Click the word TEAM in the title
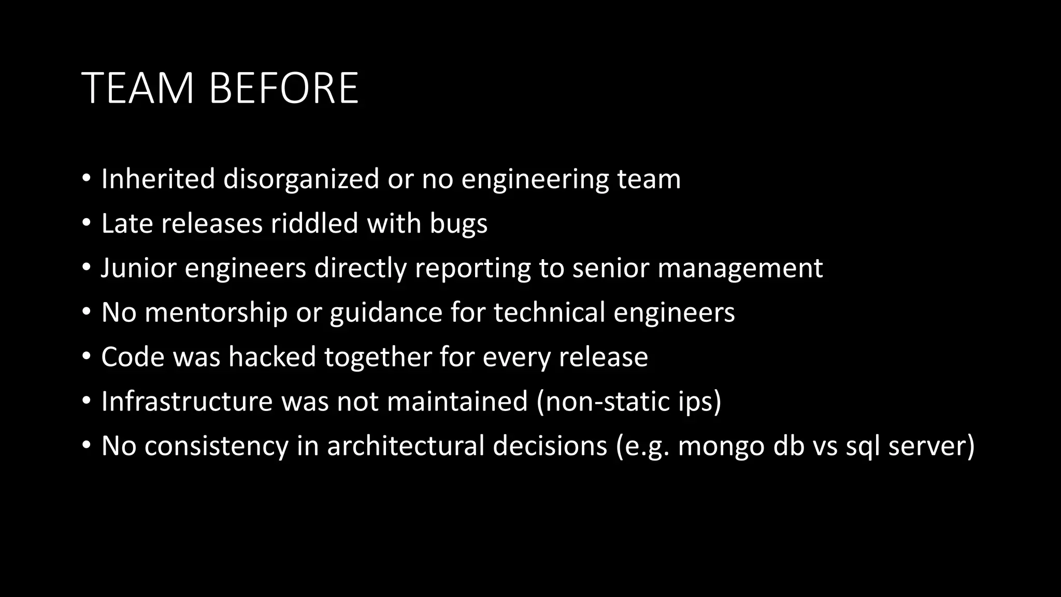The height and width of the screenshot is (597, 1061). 138,88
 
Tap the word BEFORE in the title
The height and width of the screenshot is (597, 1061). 283,88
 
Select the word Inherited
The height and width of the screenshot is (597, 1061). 158,179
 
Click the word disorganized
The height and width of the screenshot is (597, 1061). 302,179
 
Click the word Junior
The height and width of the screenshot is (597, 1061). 138,268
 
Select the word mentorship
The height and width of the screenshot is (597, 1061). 216,312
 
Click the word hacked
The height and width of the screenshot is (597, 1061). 272,357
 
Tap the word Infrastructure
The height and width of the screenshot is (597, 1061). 187,401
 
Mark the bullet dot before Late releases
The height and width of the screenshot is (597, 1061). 87,223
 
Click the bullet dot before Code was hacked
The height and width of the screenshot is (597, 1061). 87,357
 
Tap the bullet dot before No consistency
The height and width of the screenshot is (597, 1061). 87,446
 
